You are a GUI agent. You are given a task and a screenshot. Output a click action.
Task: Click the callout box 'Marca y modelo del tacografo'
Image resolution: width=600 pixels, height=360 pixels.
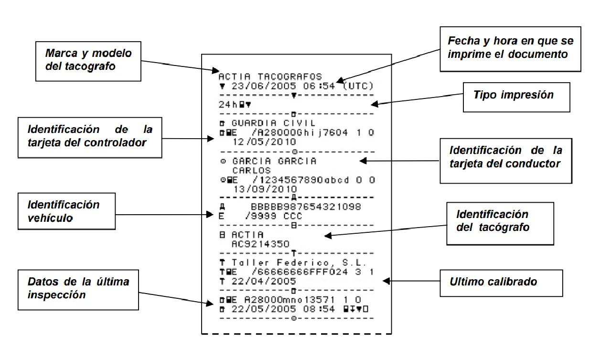tap(88, 60)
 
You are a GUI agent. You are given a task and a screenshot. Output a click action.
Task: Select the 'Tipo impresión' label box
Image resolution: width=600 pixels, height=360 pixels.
tap(516, 97)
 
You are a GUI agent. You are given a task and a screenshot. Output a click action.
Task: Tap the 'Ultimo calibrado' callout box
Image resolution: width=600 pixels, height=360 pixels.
tap(493, 282)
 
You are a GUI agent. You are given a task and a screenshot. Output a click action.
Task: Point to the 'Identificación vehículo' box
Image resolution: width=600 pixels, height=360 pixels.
tap(66, 211)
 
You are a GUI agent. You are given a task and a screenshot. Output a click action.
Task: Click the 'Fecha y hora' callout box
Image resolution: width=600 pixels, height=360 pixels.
tap(510, 48)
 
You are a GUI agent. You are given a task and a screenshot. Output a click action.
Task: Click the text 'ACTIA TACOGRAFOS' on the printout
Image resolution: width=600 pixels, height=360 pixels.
tap(270, 76)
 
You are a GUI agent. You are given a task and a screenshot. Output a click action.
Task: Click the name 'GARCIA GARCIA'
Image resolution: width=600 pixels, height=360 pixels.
tap(274, 161)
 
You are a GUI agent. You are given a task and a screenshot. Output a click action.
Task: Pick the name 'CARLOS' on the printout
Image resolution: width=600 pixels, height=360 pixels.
tap(251, 171)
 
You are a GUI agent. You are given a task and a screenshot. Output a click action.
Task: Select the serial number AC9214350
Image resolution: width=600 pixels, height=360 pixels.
tap(261, 244)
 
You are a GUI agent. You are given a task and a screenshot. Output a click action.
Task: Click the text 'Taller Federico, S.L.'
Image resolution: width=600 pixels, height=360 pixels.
tap(299, 263)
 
